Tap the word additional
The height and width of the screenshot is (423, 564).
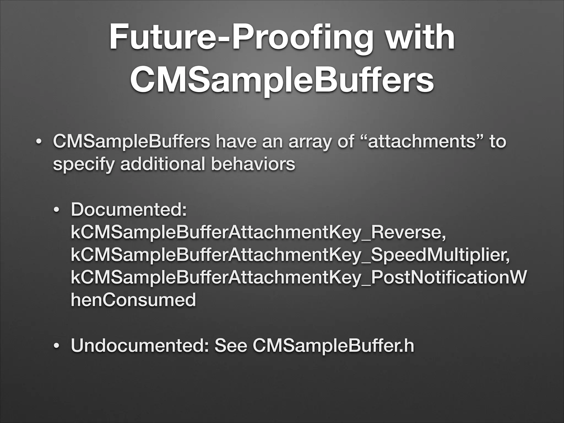point(162,164)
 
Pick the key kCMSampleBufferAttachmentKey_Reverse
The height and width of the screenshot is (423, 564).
point(258,233)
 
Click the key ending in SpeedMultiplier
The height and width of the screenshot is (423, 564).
point(290,256)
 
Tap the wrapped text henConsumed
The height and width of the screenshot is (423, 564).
point(133,300)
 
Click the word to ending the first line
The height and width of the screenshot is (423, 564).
point(497,142)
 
